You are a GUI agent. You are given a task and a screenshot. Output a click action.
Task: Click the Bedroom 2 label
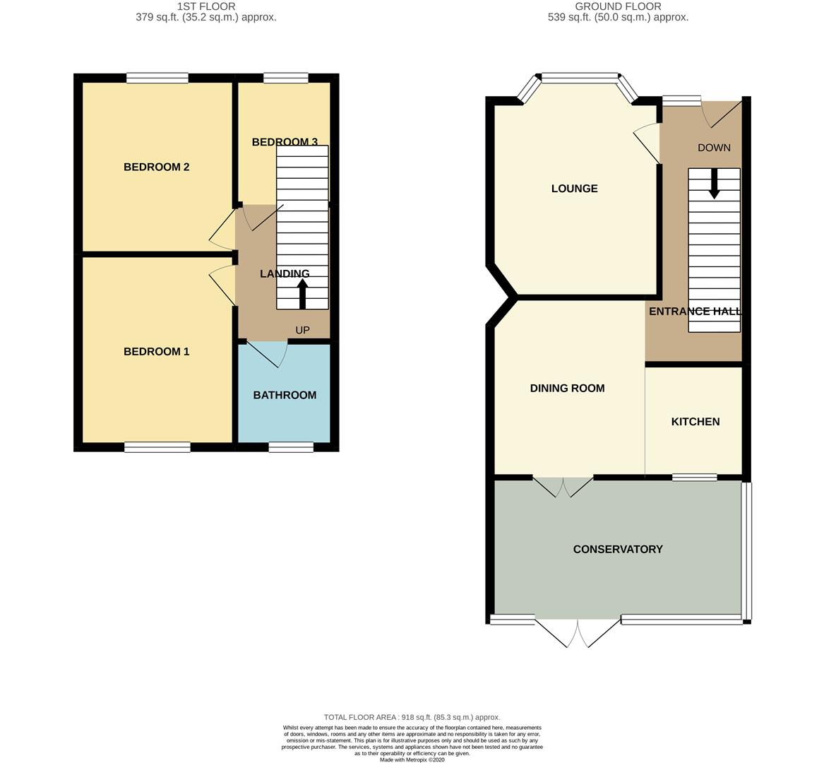pos(156,167)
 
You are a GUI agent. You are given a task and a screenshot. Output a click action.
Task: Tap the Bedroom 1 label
pos(156,352)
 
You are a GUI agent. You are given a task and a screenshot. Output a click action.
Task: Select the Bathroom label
pos(285,396)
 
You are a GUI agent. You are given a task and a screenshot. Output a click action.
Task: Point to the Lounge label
pos(574,189)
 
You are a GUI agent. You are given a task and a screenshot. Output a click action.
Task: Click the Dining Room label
pos(567,389)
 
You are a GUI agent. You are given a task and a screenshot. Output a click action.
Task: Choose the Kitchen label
pos(695,422)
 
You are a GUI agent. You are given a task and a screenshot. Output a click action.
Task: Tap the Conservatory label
pos(618,550)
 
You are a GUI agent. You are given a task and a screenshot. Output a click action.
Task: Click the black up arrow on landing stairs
pos(303,294)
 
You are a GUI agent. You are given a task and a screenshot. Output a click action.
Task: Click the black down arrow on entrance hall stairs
pos(714,183)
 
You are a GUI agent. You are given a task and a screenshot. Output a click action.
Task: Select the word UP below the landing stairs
pos(302,331)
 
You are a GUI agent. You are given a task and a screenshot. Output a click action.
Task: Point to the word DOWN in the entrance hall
pos(714,148)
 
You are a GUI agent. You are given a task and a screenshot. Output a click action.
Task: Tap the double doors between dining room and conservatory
pos(563,487)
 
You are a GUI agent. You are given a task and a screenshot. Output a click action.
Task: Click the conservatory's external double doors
pos(578,632)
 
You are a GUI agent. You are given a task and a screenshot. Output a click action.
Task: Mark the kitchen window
pos(694,478)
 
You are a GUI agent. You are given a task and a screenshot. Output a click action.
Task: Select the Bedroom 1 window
pos(157,446)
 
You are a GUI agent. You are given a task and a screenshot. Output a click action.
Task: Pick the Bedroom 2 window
pos(157,78)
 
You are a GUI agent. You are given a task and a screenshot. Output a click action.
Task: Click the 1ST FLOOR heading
pos(206,6)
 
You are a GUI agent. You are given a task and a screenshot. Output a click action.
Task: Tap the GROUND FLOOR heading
pos(618,6)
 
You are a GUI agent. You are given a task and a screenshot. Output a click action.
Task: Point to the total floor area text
pos(412,717)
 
